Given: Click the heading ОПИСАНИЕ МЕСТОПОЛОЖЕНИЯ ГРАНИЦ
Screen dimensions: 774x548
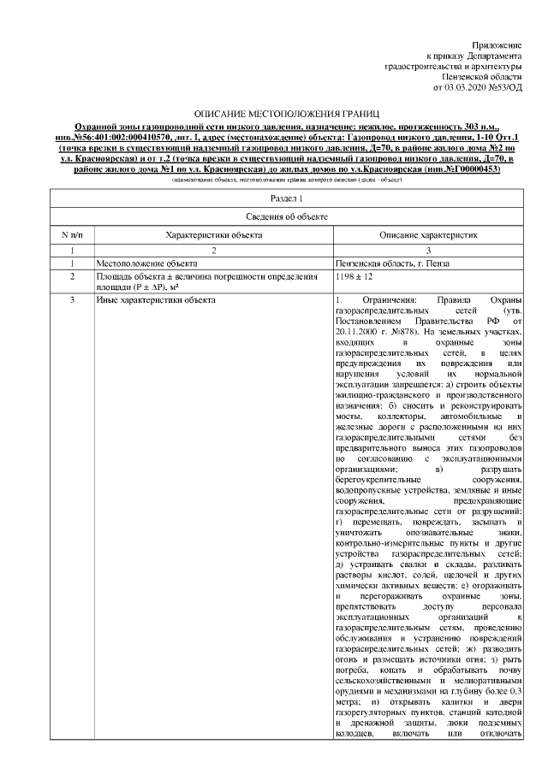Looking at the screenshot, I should (x=274, y=114).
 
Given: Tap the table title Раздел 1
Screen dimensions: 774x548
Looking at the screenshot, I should (x=274, y=198).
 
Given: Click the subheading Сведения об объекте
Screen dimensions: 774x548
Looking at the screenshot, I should (x=274, y=217).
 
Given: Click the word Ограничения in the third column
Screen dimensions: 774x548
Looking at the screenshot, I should (x=384, y=300).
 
